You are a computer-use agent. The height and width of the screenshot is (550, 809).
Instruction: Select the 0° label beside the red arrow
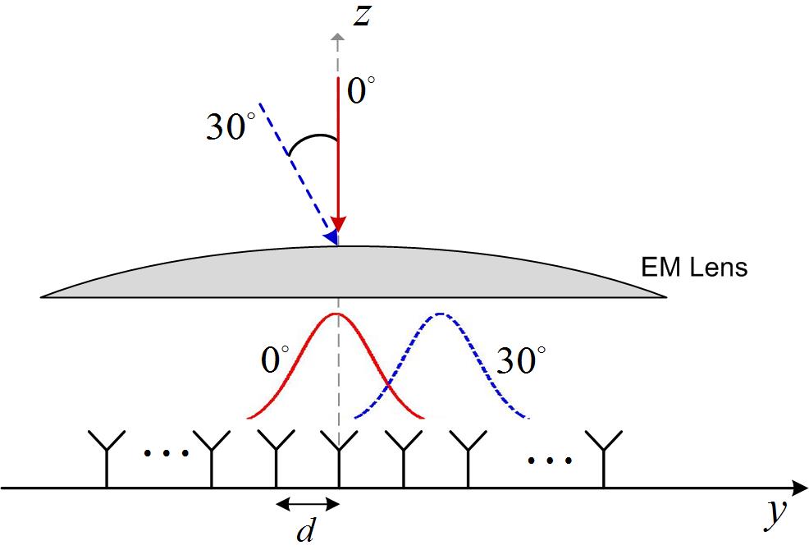tap(362, 91)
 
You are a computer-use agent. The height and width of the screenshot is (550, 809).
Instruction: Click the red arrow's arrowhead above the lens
tap(338, 227)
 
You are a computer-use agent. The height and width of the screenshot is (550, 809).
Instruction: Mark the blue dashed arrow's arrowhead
tap(330, 236)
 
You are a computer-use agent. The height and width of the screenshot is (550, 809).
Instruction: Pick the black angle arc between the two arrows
tap(312, 144)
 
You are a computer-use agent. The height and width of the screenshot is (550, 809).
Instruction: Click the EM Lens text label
tap(694, 268)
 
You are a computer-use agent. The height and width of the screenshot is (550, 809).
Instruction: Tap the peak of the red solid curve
tap(337, 314)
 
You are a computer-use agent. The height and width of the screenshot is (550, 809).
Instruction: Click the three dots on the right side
tap(550, 460)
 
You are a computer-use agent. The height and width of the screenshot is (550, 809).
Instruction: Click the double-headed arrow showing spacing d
tap(306, 503)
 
